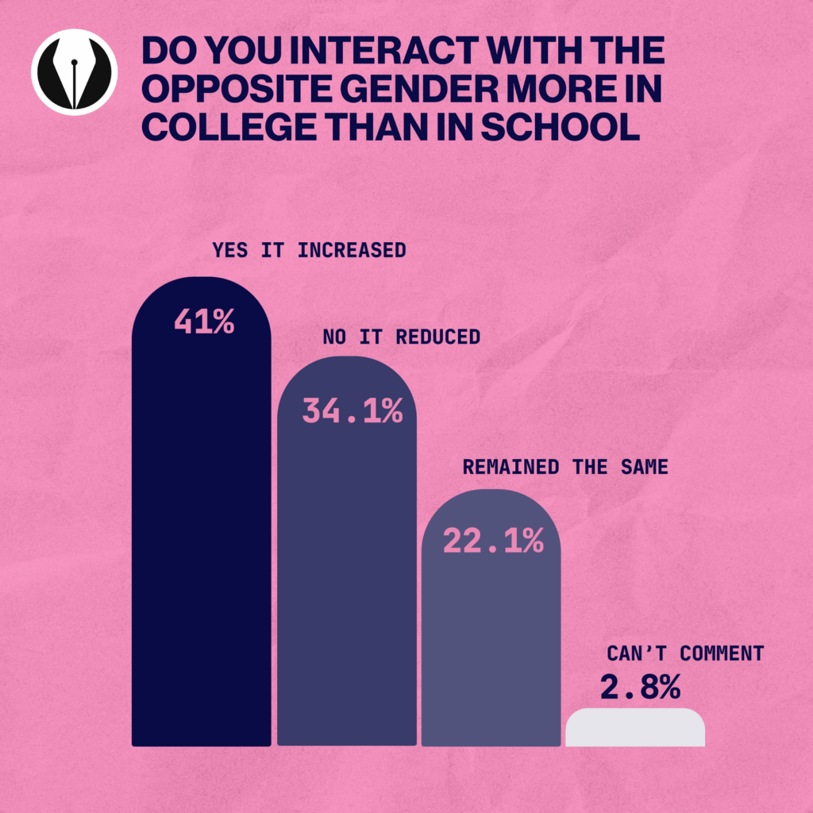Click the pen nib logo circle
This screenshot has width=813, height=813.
tap(74, 72)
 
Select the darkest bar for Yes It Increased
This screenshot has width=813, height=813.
tap(201, 540)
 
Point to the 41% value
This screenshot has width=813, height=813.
tap(204, 322)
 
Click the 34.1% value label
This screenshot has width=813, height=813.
tap(353, 411)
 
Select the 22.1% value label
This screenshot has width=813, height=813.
tap(493, 541)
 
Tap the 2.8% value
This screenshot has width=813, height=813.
tap(640, 688)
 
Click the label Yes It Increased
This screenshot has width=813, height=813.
tap(309, 250)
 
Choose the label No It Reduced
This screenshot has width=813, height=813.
tap(401, 337)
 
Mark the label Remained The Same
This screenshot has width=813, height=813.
tap(565, 467)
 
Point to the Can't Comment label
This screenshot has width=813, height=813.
tap(685, 653)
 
